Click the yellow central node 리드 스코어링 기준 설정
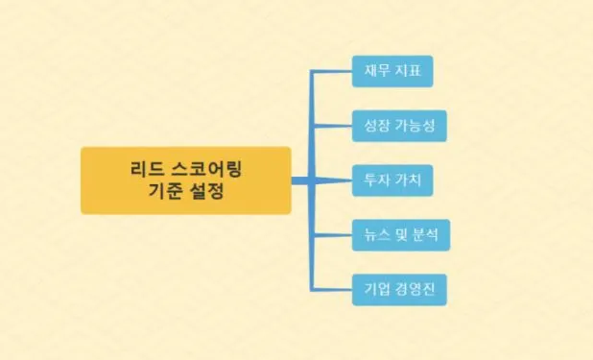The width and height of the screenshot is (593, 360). coord(185,180)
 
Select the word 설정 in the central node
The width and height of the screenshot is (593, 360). coord(207,192)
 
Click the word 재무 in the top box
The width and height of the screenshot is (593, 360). coord(373,71)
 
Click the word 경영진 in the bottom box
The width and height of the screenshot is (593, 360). coord(415,288)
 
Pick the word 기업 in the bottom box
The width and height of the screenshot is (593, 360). coord(373,288)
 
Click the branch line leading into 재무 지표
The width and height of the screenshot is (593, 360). coord(332,71)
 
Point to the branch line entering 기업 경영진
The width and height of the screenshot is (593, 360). coord(332,288)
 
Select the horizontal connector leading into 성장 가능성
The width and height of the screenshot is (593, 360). coord(332,126)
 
